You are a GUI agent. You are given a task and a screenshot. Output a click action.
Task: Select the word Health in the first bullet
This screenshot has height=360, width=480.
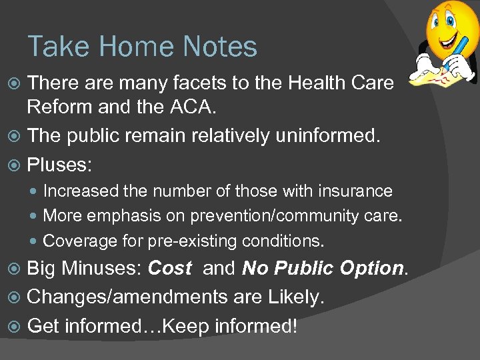(x=319, y=83)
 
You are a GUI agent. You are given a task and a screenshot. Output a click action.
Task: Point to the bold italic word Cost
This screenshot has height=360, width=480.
(x=169, y=269)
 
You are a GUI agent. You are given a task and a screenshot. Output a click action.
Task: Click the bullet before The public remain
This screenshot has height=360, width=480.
(x=16, y=136)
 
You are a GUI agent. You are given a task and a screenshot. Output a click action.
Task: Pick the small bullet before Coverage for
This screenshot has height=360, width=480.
(x=35, y=241)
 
